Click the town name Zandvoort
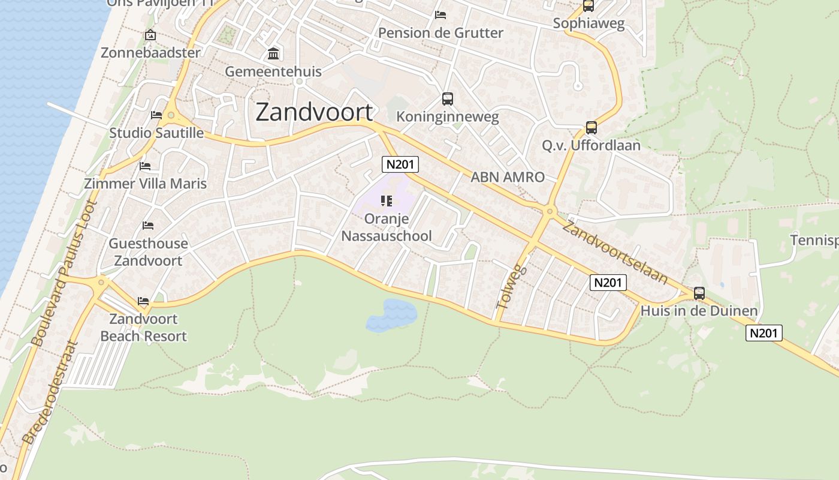314,112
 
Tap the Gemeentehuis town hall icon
273,54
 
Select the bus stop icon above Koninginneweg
447,99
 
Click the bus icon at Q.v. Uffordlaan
591,128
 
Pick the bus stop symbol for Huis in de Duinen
699,293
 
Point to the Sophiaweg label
588,23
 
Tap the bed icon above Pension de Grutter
440,15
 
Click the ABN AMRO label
507,177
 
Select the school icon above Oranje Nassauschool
386,201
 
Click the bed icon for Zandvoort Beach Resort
143,301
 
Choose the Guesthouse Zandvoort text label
148,252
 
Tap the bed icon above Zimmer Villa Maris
145,166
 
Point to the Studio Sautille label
156,133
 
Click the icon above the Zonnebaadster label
150,35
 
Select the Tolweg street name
511,287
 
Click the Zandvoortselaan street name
615,252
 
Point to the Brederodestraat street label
50,392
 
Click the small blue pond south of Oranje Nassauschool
392,315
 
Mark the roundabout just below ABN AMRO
550,211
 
